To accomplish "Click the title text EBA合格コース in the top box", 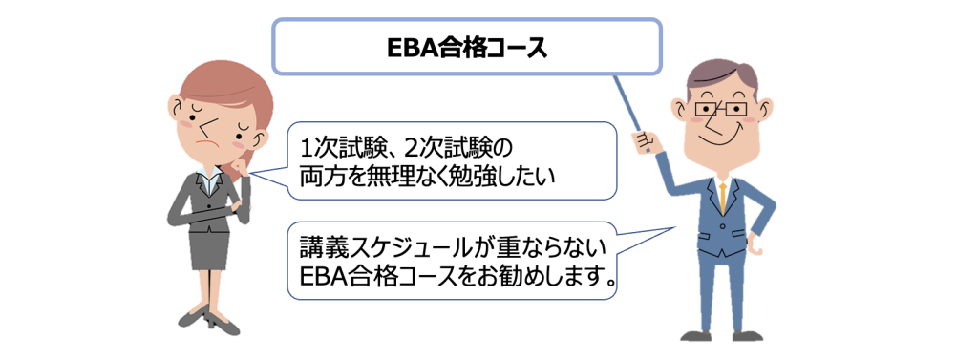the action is click(x=465, y=48).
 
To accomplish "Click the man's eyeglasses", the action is click(x=721, y=110).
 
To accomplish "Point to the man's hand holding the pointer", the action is click(x=644, y=142).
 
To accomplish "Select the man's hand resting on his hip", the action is click(x=756, y=245).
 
